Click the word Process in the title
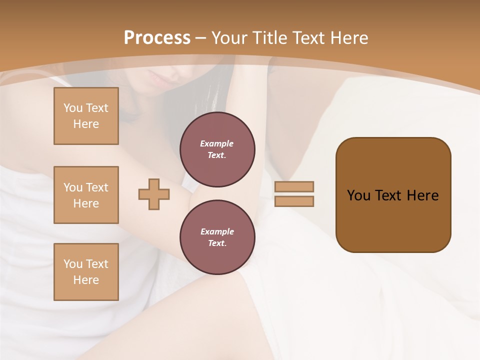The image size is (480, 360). pyautogui.click(x=157, y=38)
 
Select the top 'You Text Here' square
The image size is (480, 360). pyautogui.click(x=86, y=116)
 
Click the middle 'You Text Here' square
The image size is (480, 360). pyautogui.click(x=86, y=195)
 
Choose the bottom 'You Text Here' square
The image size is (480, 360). pyautogui.click(x=86, y=272)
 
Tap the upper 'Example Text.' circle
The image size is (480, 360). pyautogui.click(x=217, y=149)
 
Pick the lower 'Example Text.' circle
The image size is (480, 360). pyautogui.click(x=217, y=237)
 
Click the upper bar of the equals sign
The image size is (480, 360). pyautogui.click(x=294, y=186)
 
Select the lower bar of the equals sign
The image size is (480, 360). pyautogui.click(x=294, y=201)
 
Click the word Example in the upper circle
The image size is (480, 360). pyautogui.click(x=217, y=143)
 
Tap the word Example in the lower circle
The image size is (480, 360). pyautogui.click(x=217, y=231)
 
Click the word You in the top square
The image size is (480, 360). pyautogui.click(x=73, y=108)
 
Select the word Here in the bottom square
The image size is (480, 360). pyautogui.click(x=86, y=280)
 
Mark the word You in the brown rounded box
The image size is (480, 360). pyautogui.click(x=358, y=195)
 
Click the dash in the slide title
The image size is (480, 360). pyautogui.click(x=201, y=38)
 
